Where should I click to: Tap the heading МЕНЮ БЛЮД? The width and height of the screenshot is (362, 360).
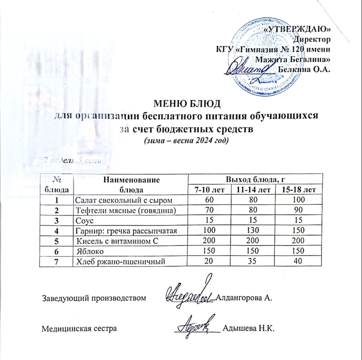point(188,105)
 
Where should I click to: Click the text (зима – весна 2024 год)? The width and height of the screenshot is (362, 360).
point(187,140)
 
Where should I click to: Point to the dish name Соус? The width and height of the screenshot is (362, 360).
point(84,221)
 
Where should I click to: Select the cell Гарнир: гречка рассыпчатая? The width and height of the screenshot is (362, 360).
point(126,231)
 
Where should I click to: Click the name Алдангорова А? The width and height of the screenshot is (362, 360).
point(245,298)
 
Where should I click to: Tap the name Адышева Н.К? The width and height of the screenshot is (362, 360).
point(248,329)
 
